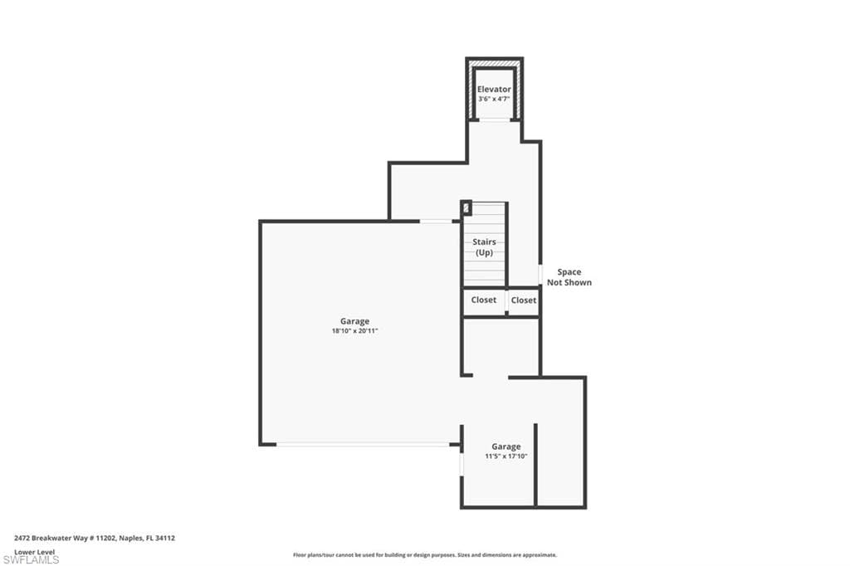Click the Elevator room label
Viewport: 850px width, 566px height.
494,89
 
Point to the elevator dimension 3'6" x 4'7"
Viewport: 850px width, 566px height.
494,99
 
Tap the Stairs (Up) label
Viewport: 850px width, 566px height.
485,246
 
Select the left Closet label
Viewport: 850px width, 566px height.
484,300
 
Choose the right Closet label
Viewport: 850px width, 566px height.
524,300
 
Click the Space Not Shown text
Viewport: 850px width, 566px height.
569,277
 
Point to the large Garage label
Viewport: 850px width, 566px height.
354,321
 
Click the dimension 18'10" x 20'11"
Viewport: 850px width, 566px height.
354,331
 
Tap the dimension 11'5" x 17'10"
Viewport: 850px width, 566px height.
506,456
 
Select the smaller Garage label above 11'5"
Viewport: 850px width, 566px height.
506,446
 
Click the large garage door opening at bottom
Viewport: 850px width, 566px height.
363,444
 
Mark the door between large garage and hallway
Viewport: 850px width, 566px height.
436,221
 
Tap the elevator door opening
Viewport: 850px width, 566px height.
494,120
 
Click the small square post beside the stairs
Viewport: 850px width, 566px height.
466,207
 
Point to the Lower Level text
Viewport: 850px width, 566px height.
34,551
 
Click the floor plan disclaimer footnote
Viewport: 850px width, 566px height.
424,555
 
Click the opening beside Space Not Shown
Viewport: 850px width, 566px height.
540,274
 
